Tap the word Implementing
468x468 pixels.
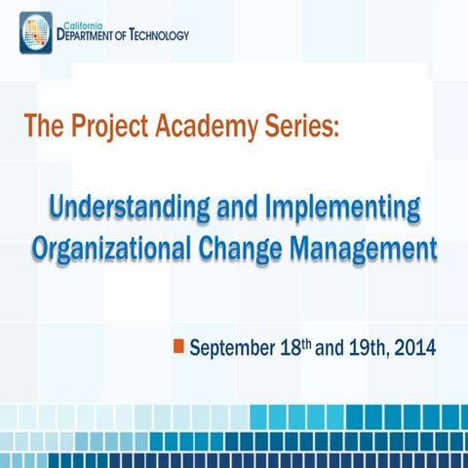[x=346, y=208]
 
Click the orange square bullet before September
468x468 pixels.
[x=178, y=346]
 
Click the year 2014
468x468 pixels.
[x=410, y=348]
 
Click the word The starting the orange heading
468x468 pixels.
[x=43, y=126]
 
